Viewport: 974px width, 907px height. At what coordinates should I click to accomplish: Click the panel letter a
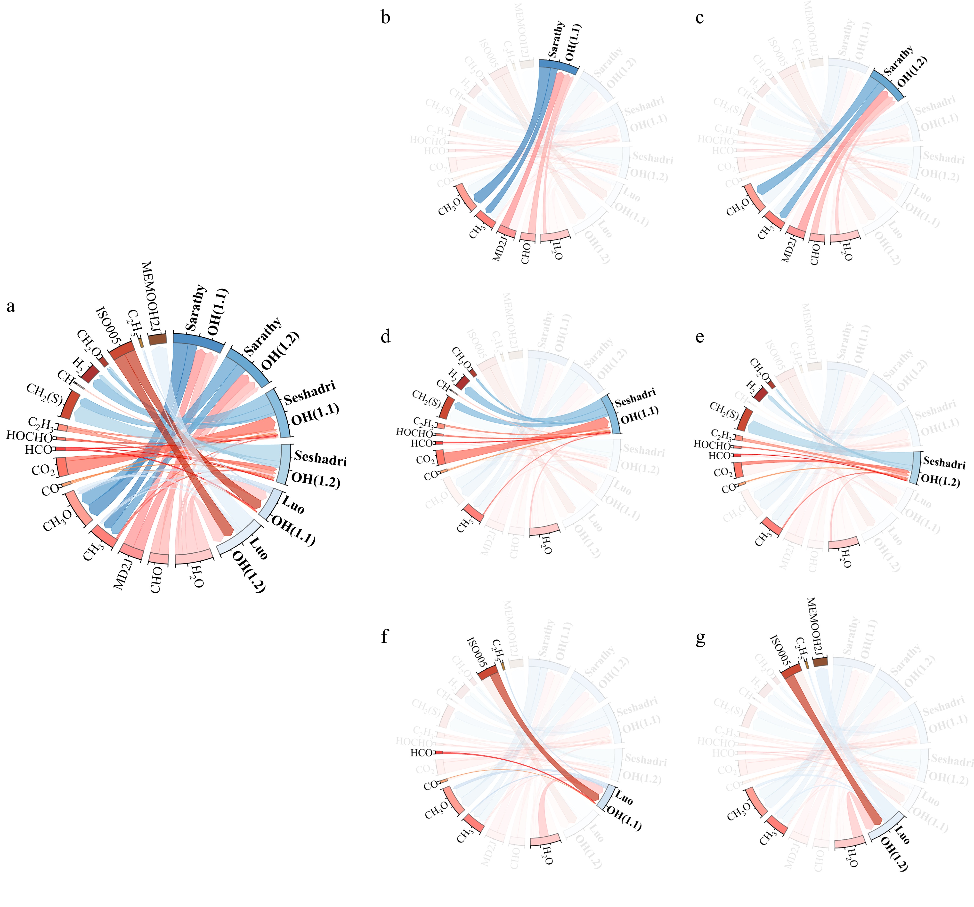click(x=11, y=307)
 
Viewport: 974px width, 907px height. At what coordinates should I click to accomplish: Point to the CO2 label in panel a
click(x=43, y=470)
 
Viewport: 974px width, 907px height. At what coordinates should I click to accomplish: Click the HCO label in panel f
click(x=421, y=753)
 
